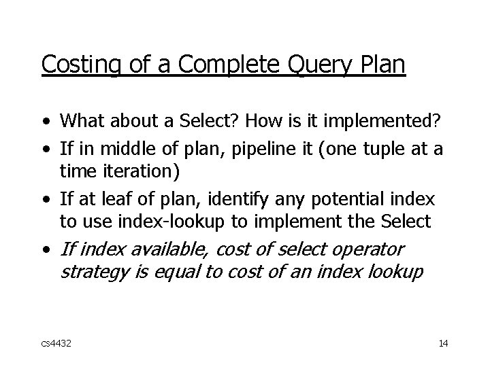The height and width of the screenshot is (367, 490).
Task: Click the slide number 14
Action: point(443,343)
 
